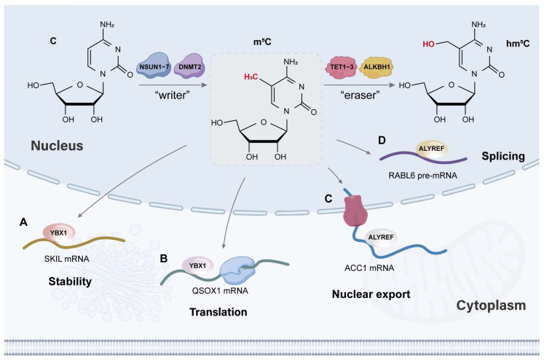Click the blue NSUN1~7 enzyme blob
coord(154,66)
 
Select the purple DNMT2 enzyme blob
coord(190,66)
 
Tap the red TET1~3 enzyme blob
coord(342,66)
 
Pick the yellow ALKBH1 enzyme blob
coord(377,67)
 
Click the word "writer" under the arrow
coord(173,95)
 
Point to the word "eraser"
coord(360,95)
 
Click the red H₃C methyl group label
coord(251,77)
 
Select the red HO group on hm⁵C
coord(428,44)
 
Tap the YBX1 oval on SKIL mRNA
coord(59,233)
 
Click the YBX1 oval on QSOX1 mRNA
coord(197,266)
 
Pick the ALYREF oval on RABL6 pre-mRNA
coord(431,149)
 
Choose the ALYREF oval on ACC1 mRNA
coord(381,238)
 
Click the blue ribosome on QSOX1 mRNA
coord(238,270)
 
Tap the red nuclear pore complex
coord(355,211)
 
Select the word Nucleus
coord(57,146)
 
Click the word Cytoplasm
coord(491,305)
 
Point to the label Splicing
coord(503,156)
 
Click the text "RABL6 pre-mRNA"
coord(422,176)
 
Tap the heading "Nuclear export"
coord(371,294)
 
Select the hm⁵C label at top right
coord(518,44)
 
